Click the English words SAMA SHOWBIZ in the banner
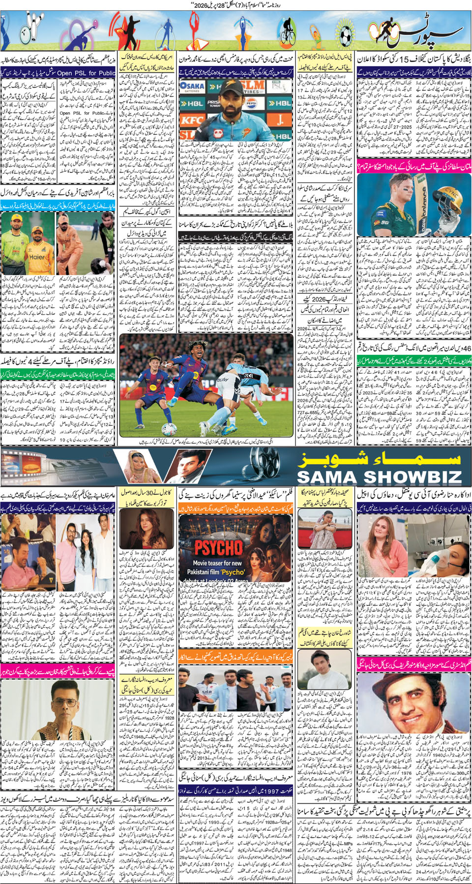coord(379,476)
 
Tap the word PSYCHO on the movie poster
coord(218,547)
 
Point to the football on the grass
coord(170,429)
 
